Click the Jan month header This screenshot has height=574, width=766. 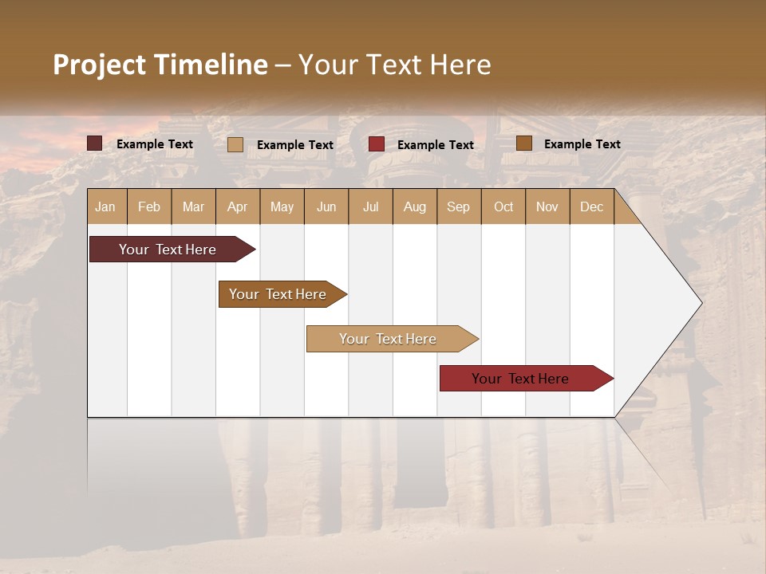(x=106, y=206)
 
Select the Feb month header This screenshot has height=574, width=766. (x=149, y=206)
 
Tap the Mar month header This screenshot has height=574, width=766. (x=193, y=206)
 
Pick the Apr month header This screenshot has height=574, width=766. (x=238, y=206)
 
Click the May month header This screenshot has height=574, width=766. (x=282, y=206)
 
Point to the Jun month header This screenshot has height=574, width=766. (x=326, y=206)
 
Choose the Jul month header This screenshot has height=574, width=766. (x=370, y=206)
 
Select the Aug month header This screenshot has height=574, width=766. (x=415, y=206)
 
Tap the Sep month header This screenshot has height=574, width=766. (x=459, y=206)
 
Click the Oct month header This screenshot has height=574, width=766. (x=503, y=206)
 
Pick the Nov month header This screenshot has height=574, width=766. (x=547, y=206)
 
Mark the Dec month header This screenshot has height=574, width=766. (x=591, y=206)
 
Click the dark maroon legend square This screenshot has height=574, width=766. (x=95, y=143)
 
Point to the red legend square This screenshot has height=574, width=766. (x=377, y=144)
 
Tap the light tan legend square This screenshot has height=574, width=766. (x=235, y=144)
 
